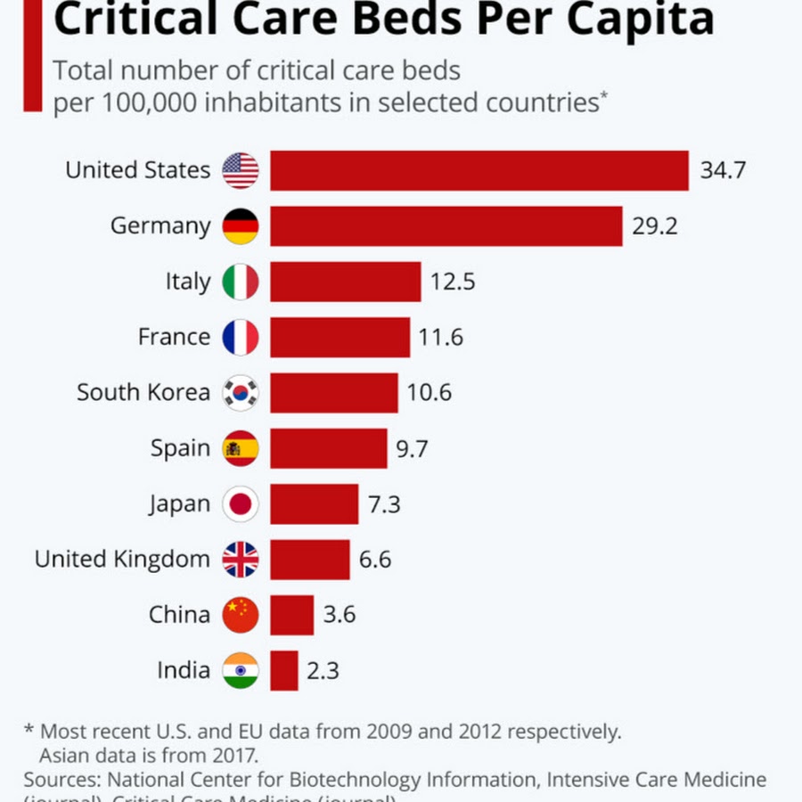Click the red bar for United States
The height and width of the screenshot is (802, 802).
tap(479, 170)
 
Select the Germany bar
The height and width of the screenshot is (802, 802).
tap(446, 226)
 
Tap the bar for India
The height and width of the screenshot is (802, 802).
tap(284, 670)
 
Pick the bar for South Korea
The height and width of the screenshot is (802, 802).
tap(334, 393)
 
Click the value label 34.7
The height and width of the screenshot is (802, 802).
tap(722, 170)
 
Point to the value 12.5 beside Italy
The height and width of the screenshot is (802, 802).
tap(453, 282)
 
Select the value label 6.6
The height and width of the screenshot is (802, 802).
tap(375, 560)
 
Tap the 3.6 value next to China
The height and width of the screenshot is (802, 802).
tap(338, 615)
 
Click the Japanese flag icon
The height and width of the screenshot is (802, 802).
tap(241, 504)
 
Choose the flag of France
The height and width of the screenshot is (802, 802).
tap(241, 338)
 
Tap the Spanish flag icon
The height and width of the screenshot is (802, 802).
tap(241, 448)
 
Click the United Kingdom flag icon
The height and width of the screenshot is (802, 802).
tap(241, 560)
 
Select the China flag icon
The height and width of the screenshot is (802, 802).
tap(241, 615)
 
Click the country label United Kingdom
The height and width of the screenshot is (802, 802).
tap(122, 560)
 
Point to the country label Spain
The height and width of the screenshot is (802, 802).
tap(180, 448)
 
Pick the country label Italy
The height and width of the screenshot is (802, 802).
tap(187, 282)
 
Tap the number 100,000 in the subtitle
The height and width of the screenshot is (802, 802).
tap(147, 102)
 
